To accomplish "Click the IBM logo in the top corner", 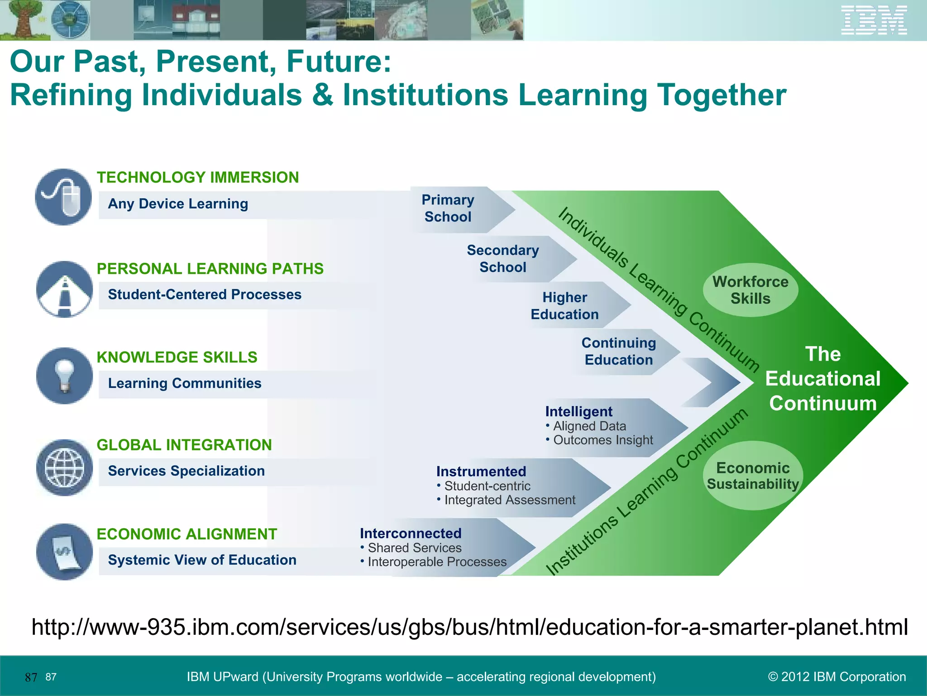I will [874, 20].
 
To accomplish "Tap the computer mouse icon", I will [63, 197].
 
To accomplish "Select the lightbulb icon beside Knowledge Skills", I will [64, 376].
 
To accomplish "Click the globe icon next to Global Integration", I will [64, 468].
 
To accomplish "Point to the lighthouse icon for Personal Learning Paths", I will [64, 290].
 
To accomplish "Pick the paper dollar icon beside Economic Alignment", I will [64, 552].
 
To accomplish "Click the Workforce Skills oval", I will [750, 290].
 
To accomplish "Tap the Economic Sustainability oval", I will [753, 476].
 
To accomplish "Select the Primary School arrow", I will [457, 209].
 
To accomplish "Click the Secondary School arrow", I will [511, 259].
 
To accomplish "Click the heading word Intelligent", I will [578, 411].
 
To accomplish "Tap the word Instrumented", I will [481, 471].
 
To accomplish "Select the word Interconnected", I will [411, 533].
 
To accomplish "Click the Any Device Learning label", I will [178, 204].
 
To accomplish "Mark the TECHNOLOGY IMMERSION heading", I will [198, 177].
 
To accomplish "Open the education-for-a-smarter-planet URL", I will [469, 627].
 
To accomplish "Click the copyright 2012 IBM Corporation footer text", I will [837, 677].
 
